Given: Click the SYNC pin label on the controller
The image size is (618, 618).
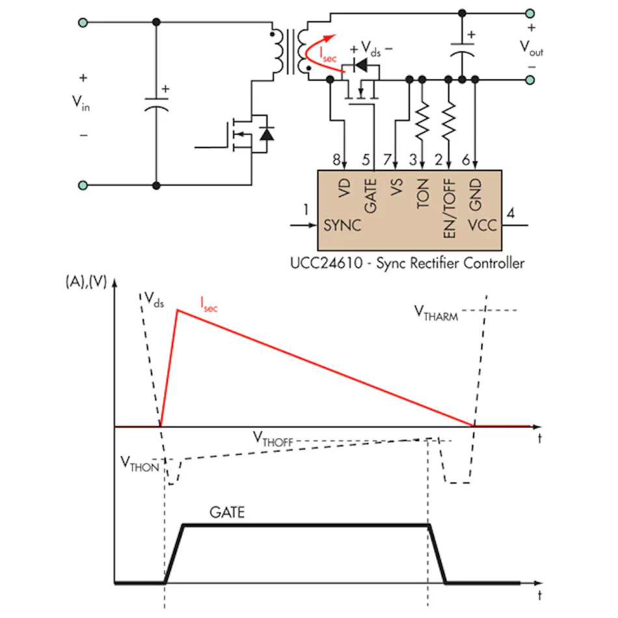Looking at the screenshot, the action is pyautogui.click(x=342, y=225).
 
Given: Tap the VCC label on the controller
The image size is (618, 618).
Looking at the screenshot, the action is pyautogui.click(x=482, y=225).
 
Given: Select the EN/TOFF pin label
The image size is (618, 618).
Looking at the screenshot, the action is pyautogui.click(x=450, y=208).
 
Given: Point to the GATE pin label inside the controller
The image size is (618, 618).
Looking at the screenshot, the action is pyautogui.click(x=371, y=196).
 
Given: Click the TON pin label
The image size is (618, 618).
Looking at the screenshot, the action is pyautogui.click(x=422, y=193).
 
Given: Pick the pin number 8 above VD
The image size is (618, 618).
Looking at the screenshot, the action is pyautogui.click(x=336, y=159).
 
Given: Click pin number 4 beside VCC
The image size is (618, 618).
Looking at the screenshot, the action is pyautogui.click(x=511, y=213).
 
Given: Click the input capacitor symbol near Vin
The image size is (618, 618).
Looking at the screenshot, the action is pyautogui.click(x=157, y=104).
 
